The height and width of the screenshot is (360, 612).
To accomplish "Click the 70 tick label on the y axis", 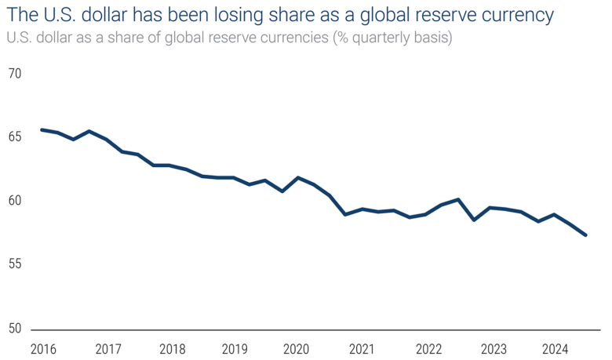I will coord(14,74).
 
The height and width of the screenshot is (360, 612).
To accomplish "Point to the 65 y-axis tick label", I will coord(14,137).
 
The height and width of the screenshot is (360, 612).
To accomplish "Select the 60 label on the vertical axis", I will coord(14,201).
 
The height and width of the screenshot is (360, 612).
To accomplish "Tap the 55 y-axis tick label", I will coord(14,264).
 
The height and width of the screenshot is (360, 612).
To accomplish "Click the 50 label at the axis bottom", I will coord(14,328).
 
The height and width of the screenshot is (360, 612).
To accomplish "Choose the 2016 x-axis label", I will coord(43,348).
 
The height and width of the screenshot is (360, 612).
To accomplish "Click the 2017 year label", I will coord(109,348).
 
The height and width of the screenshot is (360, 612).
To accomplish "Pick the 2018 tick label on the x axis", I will coord(171,348).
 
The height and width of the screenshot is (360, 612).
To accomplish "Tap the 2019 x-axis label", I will coord(235,348).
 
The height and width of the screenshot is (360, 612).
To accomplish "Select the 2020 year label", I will coord(297,348).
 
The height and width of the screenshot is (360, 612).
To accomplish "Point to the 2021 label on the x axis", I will coord(362,348).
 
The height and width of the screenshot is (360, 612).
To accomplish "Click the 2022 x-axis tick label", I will coord(428,348).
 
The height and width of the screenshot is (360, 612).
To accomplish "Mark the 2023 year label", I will coord(494,348).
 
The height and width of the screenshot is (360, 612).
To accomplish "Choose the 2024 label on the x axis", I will coord(556,348).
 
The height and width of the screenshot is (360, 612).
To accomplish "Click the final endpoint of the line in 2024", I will coord(585,235).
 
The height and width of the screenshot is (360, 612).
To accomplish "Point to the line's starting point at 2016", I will coord(42,129).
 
